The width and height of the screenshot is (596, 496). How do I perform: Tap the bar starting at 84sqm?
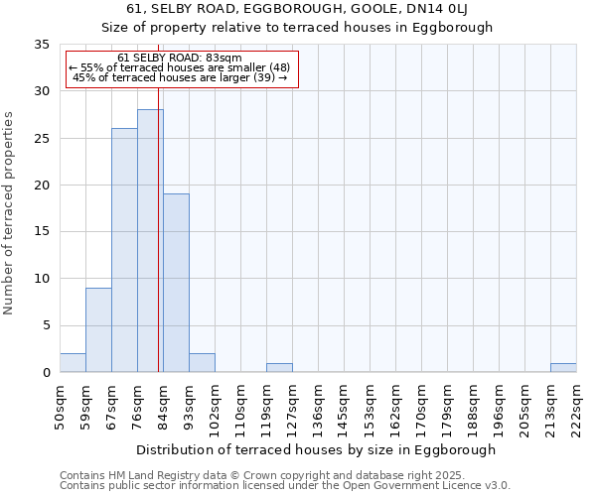(176, 283)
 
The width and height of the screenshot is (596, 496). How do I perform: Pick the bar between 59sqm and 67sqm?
(98, 329)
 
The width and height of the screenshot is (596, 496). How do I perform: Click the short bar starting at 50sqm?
(73, 362)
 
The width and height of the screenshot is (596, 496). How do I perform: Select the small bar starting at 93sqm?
(202, 362)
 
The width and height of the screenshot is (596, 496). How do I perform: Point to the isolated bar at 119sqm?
(279, 367)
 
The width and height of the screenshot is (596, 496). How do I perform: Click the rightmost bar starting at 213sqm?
(563, 367)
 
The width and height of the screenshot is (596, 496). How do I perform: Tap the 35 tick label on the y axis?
(42, 45)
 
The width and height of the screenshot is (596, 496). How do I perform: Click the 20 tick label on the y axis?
(42, 186)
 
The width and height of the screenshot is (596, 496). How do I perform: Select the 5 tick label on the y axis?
(46, 326)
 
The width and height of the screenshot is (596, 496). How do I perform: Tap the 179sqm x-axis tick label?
(447, 407)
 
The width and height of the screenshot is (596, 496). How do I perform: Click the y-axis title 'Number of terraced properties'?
(9, 213)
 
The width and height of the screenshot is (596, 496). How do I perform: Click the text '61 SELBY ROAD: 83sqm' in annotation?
(179, 59)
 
